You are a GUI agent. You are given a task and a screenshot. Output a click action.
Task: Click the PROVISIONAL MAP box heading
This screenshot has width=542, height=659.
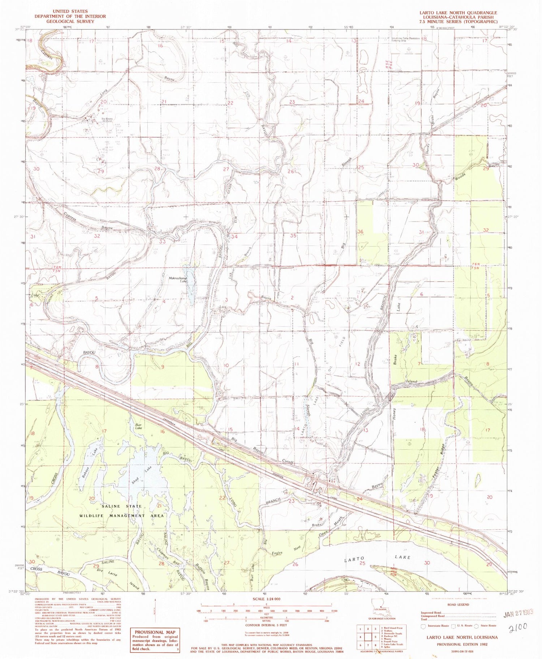coord(155,632)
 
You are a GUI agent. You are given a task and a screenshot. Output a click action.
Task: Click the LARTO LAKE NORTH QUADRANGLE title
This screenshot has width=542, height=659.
coord(458,13)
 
